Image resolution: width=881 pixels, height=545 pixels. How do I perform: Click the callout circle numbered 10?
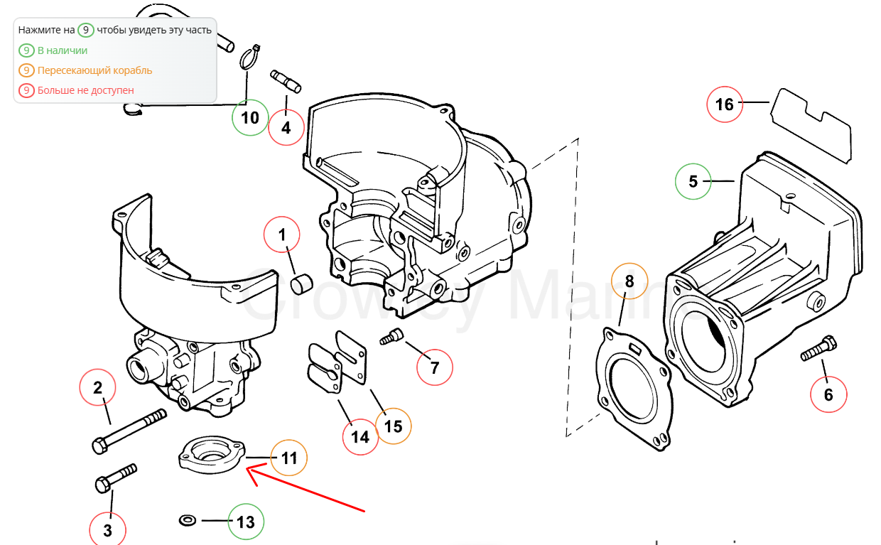[250, 117]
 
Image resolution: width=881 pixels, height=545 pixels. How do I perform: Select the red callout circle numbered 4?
[286, 129]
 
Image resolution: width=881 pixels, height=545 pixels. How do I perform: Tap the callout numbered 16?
[724, 104]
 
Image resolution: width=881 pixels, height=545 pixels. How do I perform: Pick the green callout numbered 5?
[693, 181]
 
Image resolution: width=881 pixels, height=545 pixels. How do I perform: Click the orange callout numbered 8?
[629, 281]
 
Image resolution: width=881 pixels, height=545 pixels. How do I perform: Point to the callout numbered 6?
[828, 394]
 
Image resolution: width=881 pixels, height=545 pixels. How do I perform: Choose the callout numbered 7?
[435, 367]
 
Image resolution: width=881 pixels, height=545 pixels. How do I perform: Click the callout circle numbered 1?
[282, 234]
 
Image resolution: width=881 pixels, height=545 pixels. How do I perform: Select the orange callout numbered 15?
[393, 426]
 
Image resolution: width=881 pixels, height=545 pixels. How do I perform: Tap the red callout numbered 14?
[360, 436]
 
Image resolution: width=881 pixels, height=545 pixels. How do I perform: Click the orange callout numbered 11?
[289, 458]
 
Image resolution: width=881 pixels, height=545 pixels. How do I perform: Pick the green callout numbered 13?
[245, 522]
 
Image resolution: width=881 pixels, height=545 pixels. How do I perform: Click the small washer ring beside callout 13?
[188, 521]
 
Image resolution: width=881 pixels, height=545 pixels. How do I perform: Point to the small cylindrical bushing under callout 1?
[301, 284]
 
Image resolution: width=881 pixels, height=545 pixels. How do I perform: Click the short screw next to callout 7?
[391, 337]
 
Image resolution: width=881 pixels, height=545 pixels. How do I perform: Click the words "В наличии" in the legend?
[63, 50]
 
